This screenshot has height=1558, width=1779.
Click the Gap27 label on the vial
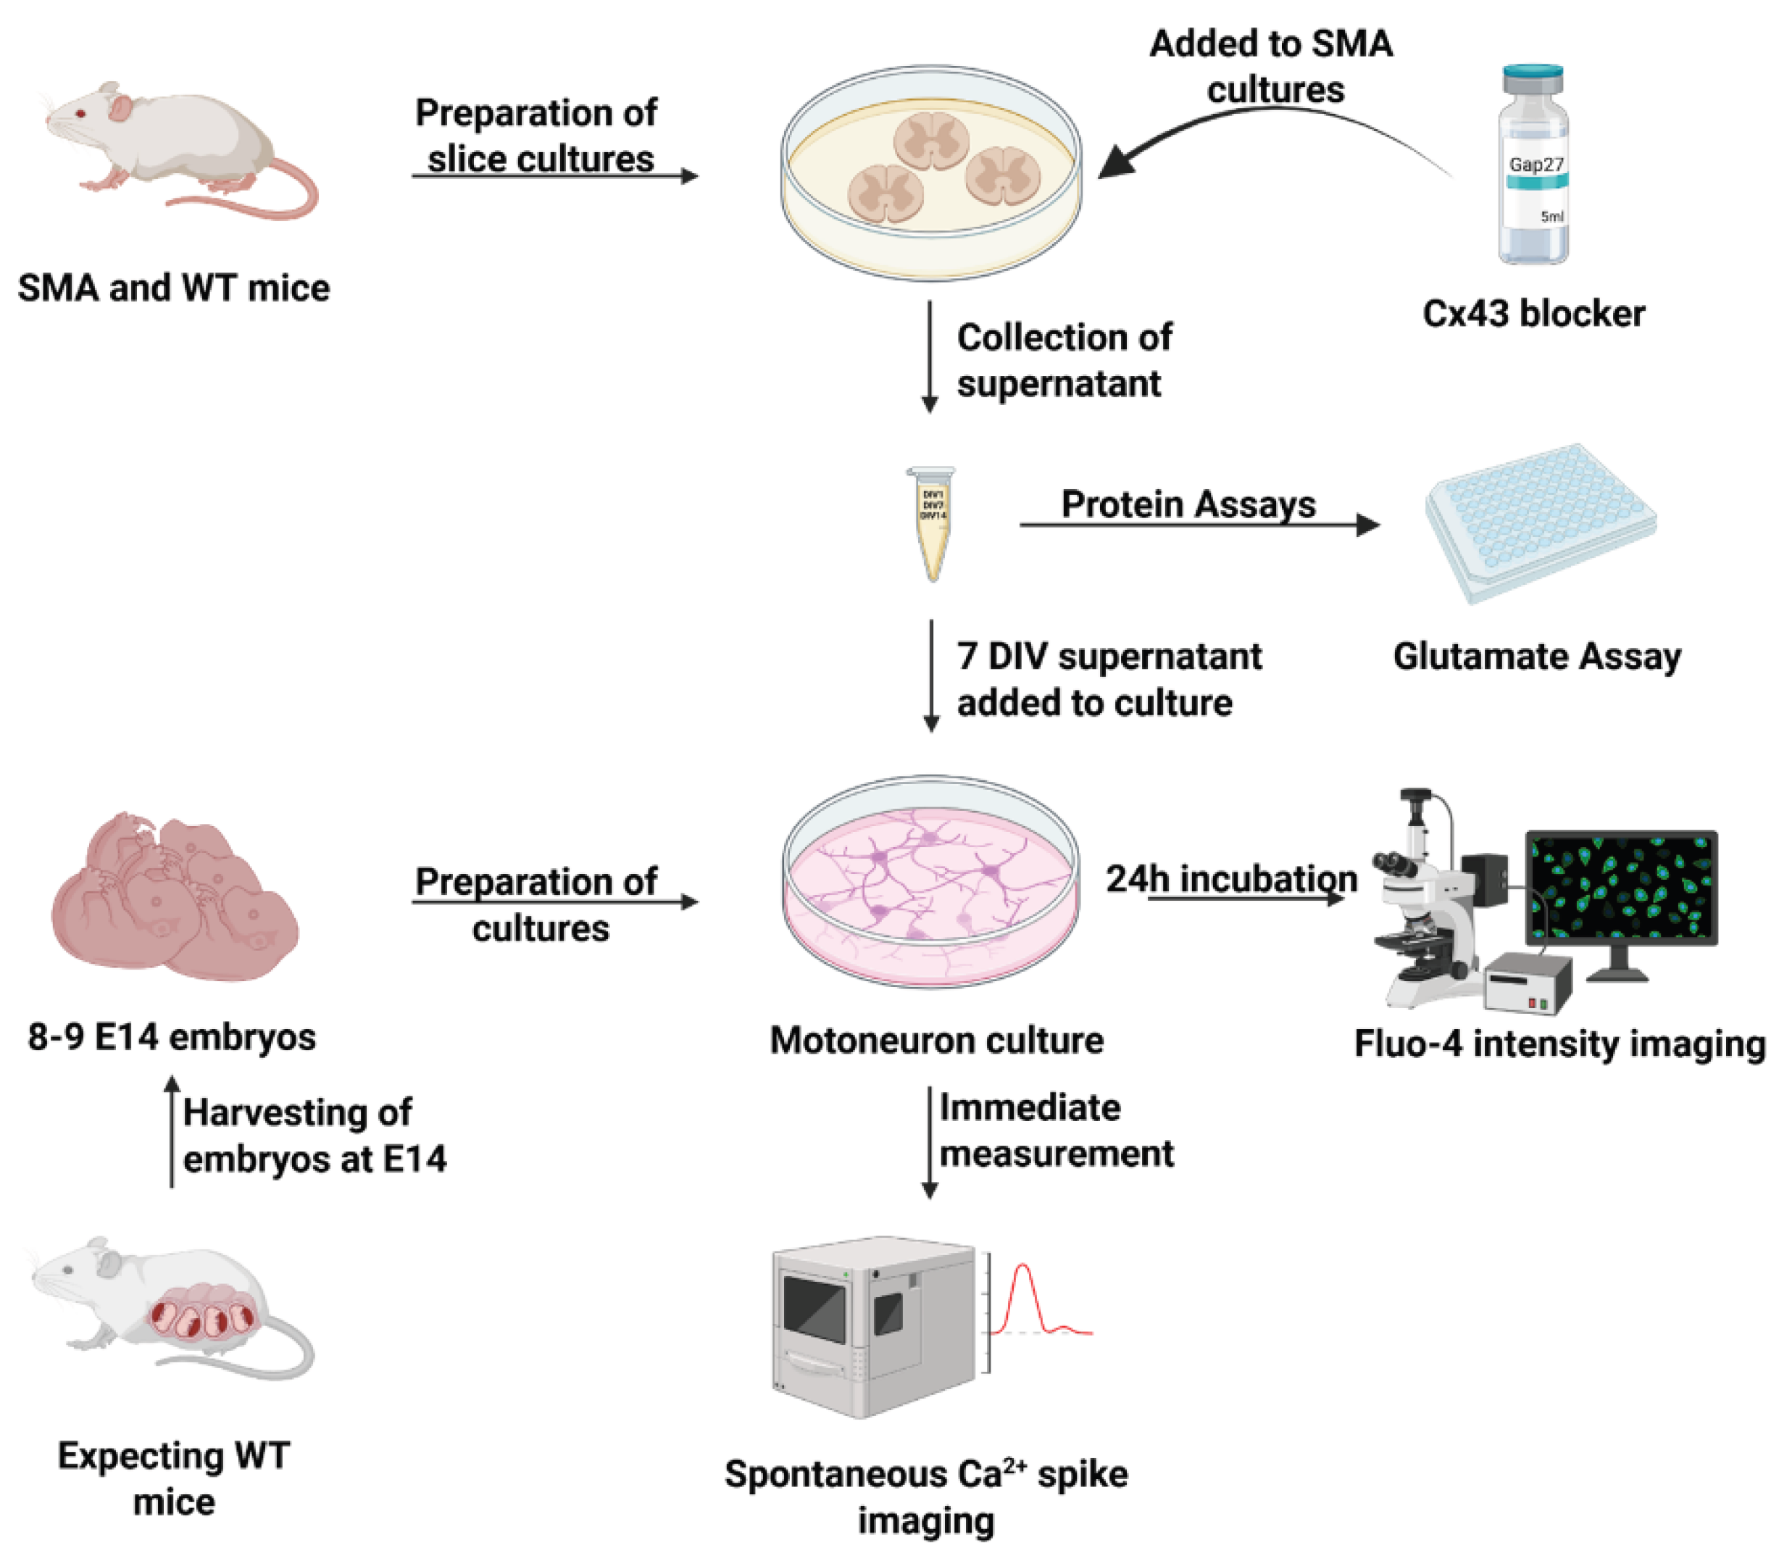click(1536, 164)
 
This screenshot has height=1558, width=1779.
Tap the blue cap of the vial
click(1533, 78)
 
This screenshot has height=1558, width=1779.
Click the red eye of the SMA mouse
click(81, 113)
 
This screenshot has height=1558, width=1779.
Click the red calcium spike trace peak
click(1023, 1267)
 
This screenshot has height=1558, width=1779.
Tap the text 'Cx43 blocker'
click(1533, 314)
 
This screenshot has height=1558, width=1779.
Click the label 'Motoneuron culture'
click(936, 1041)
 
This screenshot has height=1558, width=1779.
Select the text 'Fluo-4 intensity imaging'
click(1559, 1043)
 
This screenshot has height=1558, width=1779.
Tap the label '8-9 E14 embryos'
click(172, 1037)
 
